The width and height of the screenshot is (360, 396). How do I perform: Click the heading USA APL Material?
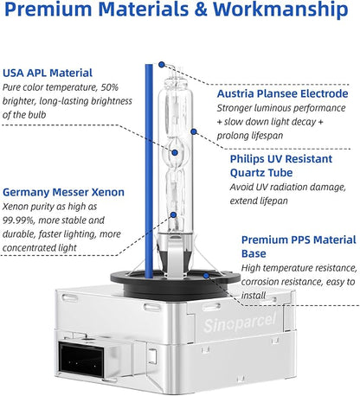tap(48, 73)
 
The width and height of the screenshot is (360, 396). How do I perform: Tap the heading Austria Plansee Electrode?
tap(282, 93)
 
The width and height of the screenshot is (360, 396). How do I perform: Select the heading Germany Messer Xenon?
tap(63, 192)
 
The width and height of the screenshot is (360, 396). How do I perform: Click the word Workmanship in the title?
tap(280, 10)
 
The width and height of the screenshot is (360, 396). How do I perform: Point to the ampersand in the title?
tap(201, 9)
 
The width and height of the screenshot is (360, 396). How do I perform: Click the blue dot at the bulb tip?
tap(162, 65)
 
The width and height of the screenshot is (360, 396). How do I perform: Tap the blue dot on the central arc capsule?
tap(175, 153)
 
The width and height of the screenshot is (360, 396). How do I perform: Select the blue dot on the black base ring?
tap(206, 276)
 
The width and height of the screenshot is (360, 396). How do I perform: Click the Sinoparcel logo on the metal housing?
tap(240, 323)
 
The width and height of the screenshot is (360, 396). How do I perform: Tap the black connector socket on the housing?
tap(81, 360)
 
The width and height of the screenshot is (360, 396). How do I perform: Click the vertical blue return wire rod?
tap(149, 171)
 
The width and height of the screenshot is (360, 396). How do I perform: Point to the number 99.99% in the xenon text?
tap(18, 220)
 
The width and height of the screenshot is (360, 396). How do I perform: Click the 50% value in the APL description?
tap(110, 87)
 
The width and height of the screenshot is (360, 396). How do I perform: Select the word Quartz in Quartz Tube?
tap(247, 173)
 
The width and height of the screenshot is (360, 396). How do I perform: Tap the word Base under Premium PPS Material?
tap(254, 253)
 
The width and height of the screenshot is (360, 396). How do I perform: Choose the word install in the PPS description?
tap(254, 296)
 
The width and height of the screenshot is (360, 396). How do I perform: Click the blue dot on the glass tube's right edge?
tap(194, 131)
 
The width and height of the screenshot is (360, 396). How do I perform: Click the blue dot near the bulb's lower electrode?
tap(173, 214)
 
